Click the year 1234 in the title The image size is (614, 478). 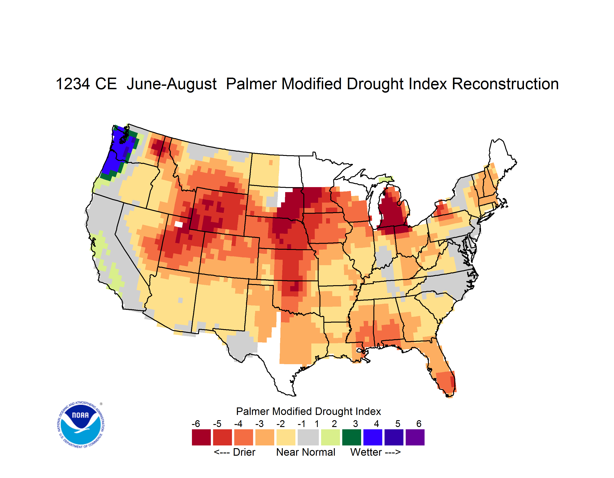point(73,84)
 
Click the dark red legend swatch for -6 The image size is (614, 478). point(201,437)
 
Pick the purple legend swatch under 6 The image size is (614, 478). point(415,437)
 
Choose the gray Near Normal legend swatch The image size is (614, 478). point(308,437)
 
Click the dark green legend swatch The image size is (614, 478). point(351,437)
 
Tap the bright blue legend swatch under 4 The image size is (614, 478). point(373,437)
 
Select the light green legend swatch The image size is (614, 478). point(330,437)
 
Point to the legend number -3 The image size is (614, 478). point(259,424)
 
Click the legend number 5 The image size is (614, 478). point(398,424)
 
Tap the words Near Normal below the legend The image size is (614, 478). point(306,452)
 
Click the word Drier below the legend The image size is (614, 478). point(244,452)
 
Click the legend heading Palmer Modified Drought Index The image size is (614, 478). point(308,411)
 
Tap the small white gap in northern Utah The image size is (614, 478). point(179,224)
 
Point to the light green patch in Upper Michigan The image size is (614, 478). point(385,179)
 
